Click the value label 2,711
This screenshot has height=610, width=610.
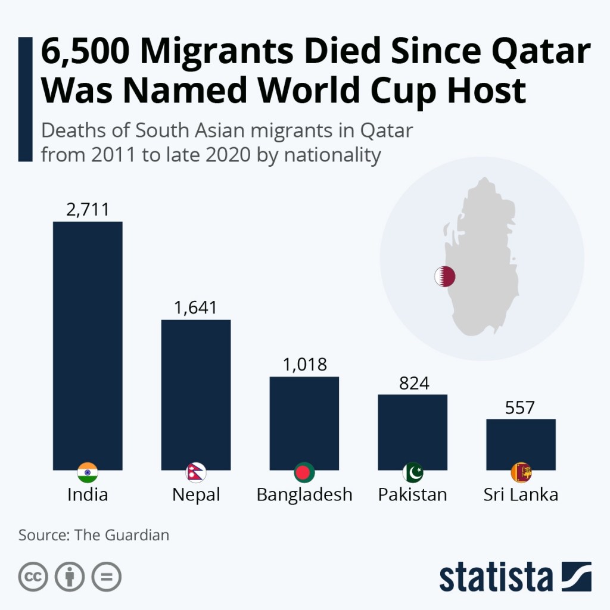point(88,209)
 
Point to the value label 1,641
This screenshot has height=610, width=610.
point(196,307)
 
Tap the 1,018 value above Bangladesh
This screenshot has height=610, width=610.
point(304,365)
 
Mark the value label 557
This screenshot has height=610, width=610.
point(520,407)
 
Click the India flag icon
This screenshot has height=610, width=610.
point(88,473)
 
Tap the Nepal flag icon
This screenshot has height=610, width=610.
point(196,473)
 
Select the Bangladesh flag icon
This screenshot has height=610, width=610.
point(304,473)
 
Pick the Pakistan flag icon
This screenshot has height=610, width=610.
point(413,473)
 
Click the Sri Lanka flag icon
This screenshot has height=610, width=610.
point(521,473)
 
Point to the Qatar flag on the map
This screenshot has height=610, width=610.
point(444,276)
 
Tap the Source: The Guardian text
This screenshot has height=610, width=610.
point(94,535)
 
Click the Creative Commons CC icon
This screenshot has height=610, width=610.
point(33,576)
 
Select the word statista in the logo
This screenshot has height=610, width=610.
point(496,577)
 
